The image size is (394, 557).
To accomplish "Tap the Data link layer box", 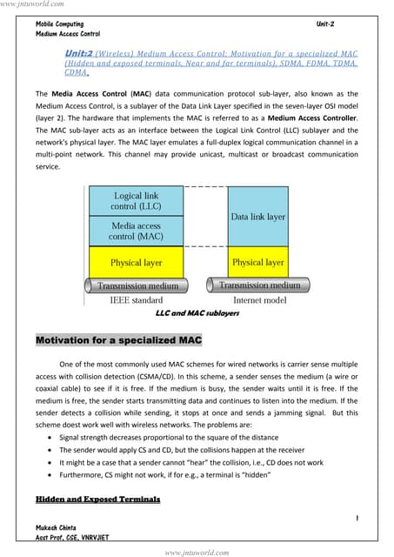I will (257, 216).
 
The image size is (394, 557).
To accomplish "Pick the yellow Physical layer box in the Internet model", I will (257, 262).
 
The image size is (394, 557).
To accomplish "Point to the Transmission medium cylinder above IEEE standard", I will (137, 285).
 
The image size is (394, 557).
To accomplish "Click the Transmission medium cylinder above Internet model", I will (257, 285).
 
